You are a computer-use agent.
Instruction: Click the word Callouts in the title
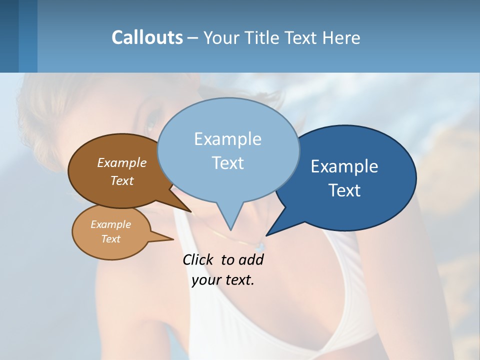(147, 37)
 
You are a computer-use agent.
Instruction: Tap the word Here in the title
(341, 37)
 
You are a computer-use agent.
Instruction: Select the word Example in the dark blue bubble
(344, 166)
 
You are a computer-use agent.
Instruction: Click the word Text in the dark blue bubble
(344, 190)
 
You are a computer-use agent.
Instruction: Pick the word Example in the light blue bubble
(227, 139)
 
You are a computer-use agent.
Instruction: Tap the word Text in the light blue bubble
(227, 163)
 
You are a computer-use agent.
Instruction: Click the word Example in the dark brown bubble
(122, 162)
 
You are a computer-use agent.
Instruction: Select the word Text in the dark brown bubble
(122, 180)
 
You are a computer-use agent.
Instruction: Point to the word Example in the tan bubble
(110, 224)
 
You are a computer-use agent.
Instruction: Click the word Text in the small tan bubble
(110, 239)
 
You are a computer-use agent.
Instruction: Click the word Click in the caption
(198, 259)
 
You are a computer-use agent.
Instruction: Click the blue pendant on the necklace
(259, 246)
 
